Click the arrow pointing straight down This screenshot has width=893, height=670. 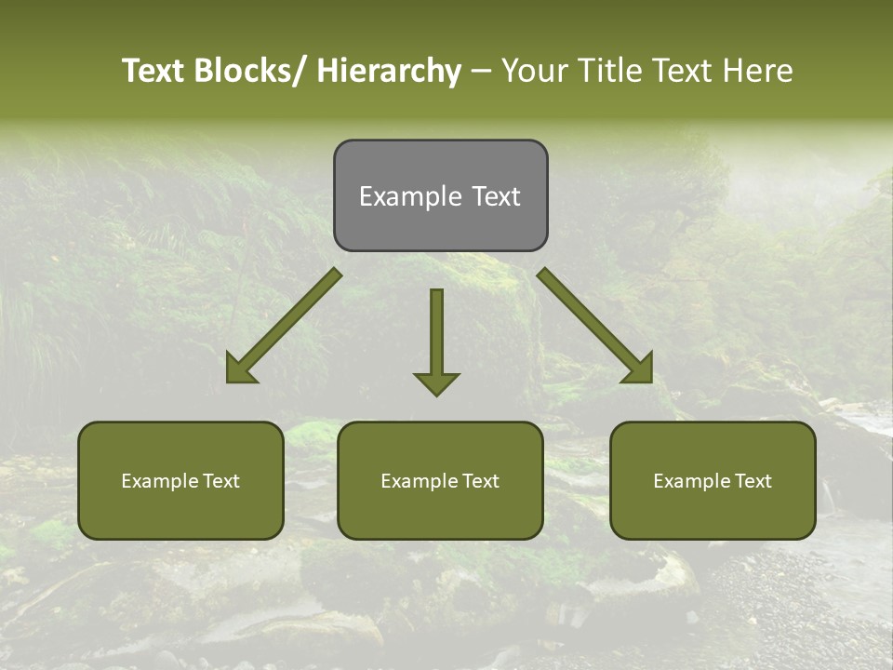[436, 340]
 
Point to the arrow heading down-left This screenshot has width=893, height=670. [284, 326]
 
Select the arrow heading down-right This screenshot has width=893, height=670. [595, 326]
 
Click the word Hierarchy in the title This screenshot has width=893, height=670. [389, 71]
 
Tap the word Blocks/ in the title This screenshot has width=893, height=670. [245, 71]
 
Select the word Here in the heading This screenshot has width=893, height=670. [758, 71]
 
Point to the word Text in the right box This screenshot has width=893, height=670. [752, 481]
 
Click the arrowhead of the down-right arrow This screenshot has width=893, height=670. [639, 369]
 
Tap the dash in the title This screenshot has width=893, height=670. [481, 71]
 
